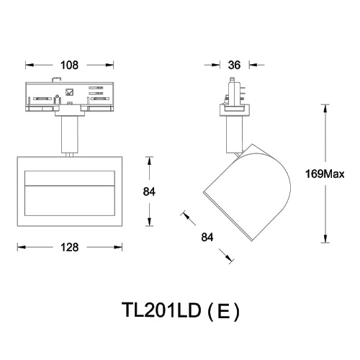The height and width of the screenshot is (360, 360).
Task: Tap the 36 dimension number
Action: [x=233, y=64]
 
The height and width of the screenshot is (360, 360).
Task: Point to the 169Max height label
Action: [x=325, y=174]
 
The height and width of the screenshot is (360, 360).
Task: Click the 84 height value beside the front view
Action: [x=149, y=191]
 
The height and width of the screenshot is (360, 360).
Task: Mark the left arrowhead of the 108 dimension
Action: [x=28, y=64]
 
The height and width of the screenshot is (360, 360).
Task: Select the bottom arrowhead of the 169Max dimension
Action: [x=325, y=243]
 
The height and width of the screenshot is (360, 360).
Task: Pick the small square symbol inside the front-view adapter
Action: [x=69, y=91]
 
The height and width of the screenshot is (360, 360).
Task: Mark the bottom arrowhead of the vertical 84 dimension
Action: [x=149, y=224]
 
